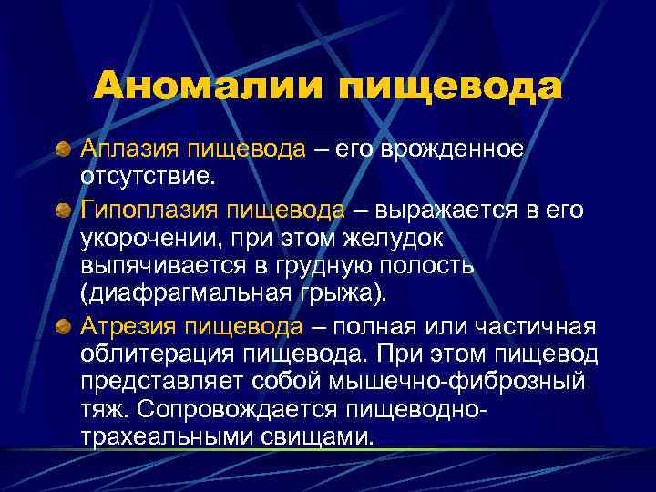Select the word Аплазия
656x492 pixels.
(132, 149)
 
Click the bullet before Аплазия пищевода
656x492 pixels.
(63, 149)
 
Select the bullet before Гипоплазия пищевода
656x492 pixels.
(63, 210)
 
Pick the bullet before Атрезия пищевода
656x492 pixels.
(63, 325)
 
